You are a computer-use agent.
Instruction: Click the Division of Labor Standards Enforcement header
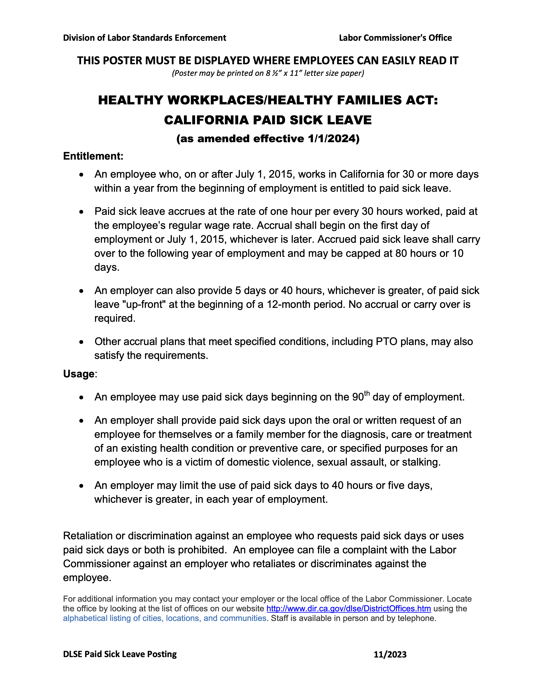144,38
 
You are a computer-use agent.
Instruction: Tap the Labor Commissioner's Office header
395,38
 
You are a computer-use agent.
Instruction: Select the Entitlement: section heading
93,156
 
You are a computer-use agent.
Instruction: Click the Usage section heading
79,374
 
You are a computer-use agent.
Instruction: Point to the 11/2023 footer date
390,655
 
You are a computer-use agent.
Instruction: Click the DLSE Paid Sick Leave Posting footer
120,654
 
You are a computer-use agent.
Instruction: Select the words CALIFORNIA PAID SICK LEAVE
268,120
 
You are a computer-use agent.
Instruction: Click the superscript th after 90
367,394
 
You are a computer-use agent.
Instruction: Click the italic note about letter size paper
268,73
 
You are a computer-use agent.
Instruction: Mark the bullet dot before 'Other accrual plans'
82,342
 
